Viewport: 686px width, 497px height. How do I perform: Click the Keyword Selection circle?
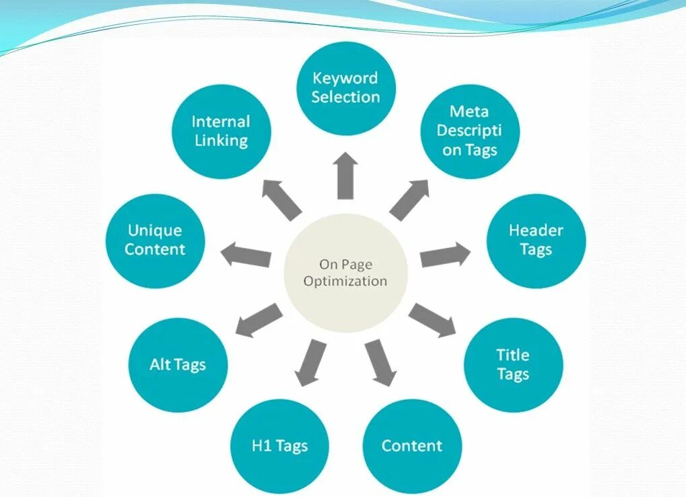click(x=346, y=88)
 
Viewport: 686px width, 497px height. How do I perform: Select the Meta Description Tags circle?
click(x=470, y=131)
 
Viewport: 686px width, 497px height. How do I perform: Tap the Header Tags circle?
click(x=536, y=240)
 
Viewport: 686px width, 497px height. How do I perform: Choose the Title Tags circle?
click(x=513, y=364)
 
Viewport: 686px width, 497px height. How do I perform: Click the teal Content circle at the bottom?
click(x=412, y=446)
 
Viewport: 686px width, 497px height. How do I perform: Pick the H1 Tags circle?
click(x=280, y=446)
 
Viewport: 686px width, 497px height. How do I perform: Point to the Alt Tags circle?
click(x=178, y=365)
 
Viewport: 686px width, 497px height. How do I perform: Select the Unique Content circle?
click(x=155, y=240)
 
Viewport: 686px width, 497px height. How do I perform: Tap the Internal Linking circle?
click(x=221, y=131)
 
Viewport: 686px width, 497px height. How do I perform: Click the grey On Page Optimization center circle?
click(x=345, y=272)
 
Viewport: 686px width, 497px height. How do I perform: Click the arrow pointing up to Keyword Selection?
click(x=346, y=175)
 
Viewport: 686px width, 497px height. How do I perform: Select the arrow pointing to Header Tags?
click(x=445, y=255)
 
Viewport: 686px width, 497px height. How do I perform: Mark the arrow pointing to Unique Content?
click(x=246, y=255)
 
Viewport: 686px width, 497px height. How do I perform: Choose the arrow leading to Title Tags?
click(x=432, y=320)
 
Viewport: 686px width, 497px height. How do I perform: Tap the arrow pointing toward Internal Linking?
click(x=281, y=199)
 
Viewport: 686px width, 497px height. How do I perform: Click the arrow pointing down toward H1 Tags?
click(x=311, y=362)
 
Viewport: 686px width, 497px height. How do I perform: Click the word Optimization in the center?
click(x=345, y=281)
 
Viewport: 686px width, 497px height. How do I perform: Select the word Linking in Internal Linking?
click(x=221, y=141)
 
